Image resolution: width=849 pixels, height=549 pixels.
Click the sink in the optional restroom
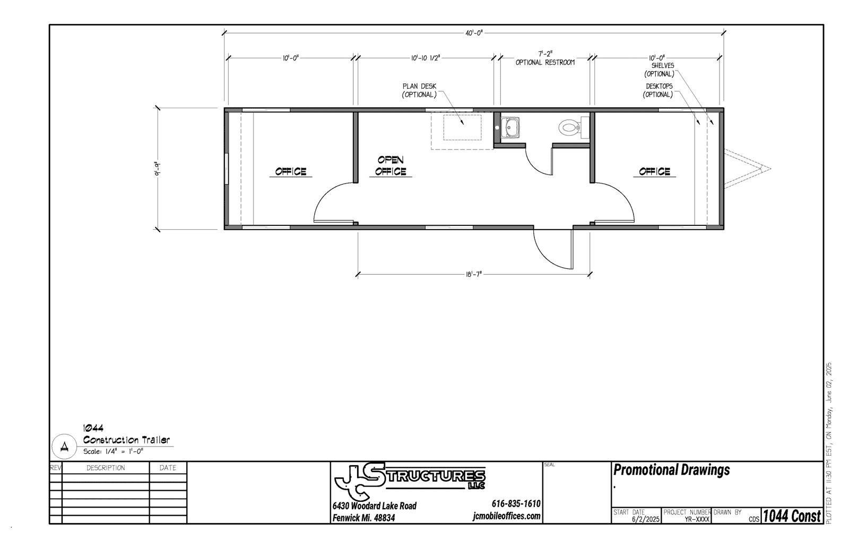pos(510,127)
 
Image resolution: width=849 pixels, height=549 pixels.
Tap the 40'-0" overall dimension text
pos(474,33)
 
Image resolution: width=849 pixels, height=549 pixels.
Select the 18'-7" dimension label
pos(474,274)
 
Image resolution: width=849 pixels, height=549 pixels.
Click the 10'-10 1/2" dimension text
pos(426,58)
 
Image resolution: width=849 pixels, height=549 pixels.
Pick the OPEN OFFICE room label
pos(391,165)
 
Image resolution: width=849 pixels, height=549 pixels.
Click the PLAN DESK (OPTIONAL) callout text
pos(419,91)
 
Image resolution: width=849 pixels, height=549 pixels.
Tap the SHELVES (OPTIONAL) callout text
pos(660,69)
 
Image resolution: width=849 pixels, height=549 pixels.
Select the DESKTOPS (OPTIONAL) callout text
pos(659,91)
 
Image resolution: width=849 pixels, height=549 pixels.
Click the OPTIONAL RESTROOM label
pos(545,63)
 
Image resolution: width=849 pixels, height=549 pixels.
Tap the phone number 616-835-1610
pos(516,504)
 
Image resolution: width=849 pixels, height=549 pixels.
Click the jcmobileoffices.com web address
pos(506,516)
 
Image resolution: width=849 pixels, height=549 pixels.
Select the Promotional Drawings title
pos(671,470)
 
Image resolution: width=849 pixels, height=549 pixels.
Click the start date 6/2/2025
pos(646,519)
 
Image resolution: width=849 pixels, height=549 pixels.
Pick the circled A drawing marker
pos(64,447)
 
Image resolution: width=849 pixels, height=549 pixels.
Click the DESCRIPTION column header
pos(106,468)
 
